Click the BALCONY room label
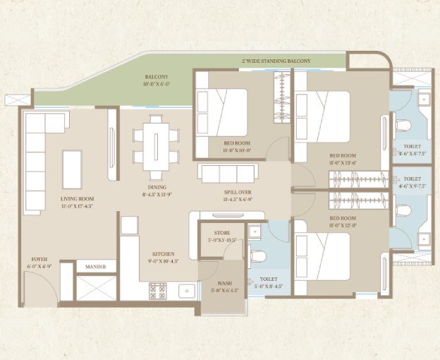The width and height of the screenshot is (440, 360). tap(156, 76)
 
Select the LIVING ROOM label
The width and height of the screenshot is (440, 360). tap(77, 199)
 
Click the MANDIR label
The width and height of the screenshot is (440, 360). tap(96, 267)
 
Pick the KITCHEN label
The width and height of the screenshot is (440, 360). tap(163, 254)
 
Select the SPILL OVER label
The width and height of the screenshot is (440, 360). tap(238, 192)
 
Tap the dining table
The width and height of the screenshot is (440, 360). tap(155, 144)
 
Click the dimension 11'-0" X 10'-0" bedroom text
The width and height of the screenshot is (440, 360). tap(233, 150)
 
